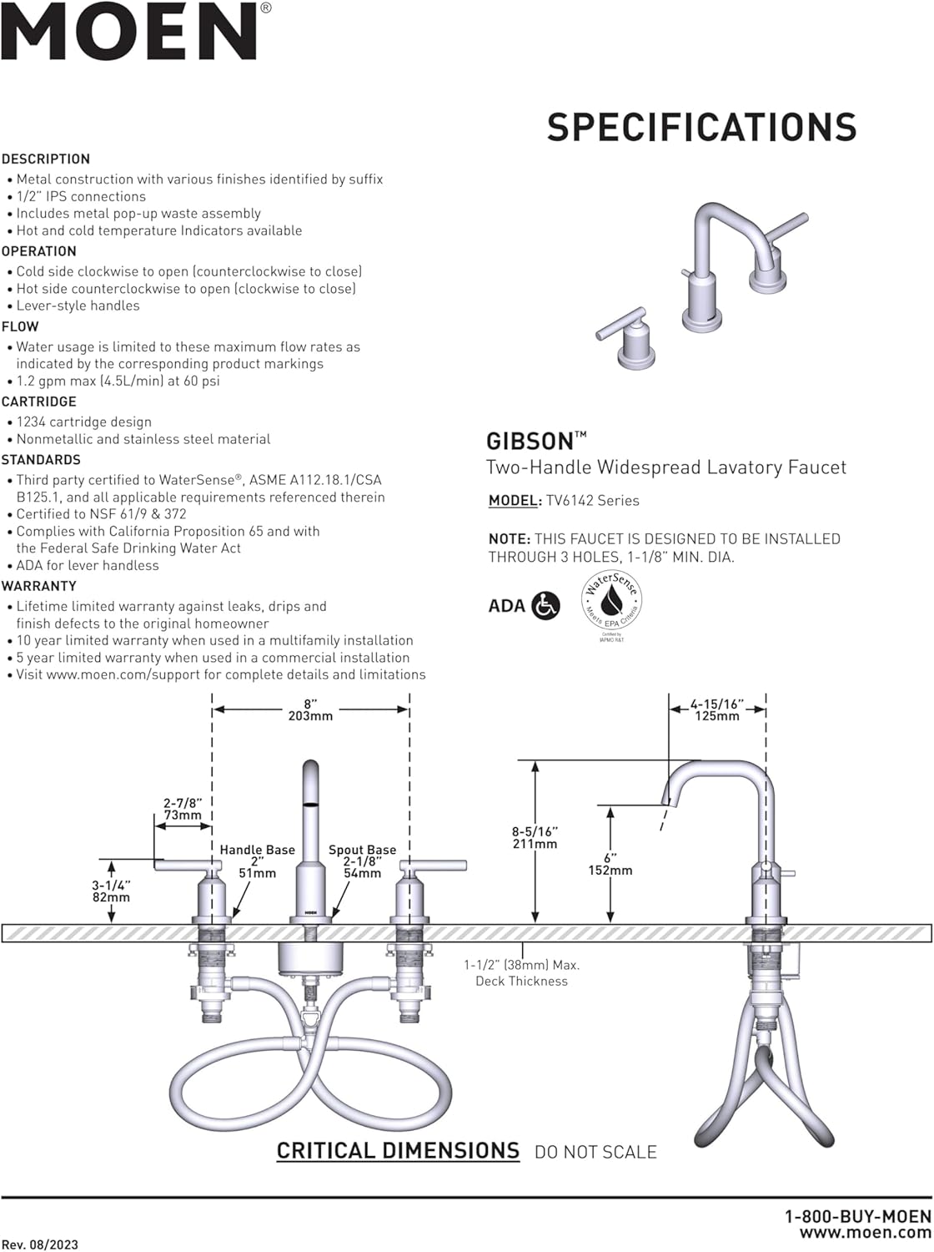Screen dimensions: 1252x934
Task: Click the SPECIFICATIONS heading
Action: (701, 127)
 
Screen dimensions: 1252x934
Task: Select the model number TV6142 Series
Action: (592, 501)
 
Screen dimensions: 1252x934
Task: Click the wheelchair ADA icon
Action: (545, 606)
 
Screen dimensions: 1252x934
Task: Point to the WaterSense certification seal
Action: (612, 603)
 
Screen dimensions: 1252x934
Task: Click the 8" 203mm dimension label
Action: (310, 709)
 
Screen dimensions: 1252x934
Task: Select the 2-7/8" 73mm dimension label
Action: (182, 809)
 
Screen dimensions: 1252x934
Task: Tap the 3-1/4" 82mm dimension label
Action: (111, 891)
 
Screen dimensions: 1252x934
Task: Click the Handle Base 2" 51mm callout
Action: (257, 861)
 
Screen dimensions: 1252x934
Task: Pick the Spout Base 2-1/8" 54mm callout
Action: (362, 861)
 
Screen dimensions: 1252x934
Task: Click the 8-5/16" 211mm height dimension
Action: (535, 837)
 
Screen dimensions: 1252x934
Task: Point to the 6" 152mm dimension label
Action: (610, 864)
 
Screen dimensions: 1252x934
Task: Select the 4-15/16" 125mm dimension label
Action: (716, 709)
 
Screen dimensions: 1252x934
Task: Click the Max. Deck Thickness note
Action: (521, 972)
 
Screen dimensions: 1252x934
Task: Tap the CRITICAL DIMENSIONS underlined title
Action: (398, 1151)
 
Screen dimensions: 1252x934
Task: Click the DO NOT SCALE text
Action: (595, 1152)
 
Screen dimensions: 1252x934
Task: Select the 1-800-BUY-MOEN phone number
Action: (857, 1217)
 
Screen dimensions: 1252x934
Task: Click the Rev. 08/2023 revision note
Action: (40, 1244)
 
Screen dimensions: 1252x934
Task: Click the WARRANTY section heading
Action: (39, 586)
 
